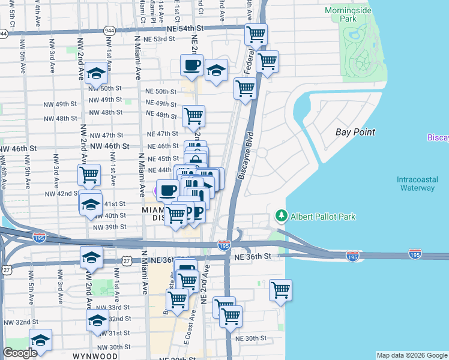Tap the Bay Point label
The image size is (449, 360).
click(x=355, y=132)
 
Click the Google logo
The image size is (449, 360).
click(x=20, y=353)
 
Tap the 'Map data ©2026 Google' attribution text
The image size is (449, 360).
click(x=412, y=355)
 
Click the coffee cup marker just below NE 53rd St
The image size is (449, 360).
click(x=191, y=65)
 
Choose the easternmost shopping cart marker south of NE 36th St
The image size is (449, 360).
click(x=280, y=290)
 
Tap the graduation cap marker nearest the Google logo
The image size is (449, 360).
click(x=40, y=340)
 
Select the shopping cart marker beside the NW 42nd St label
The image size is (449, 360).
click(x=89, y=175)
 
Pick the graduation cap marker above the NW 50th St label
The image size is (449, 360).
click(x=96, y=73)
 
